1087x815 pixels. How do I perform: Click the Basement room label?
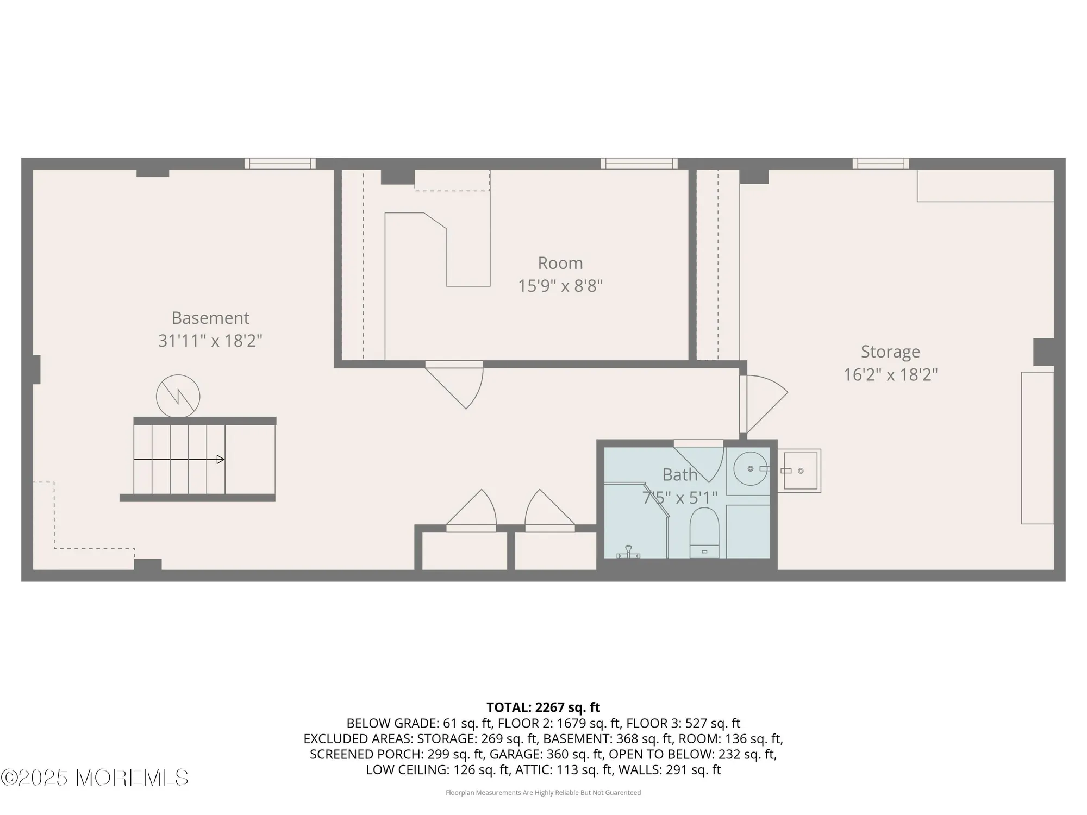pyautogui.click(x=210, y=318)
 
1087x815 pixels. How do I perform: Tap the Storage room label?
pyautogui.click(x=890, y=352)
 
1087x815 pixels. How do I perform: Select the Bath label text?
pyautogui.click(x=679, y=475)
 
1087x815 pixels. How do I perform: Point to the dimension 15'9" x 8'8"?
pyautogui.click(x=560, y=286)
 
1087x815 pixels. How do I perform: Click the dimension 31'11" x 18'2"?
pyautogui.click(x=210, y=341)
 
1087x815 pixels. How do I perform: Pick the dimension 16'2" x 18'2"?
pyautogui.click(x=890, y=375)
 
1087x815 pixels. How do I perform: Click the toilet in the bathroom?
pyautogui.click(x=704, y=531)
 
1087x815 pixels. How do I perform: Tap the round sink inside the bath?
pyautogui.click(x=751, y=468)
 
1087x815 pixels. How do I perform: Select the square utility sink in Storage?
pyautogui.click(x=800, y=471)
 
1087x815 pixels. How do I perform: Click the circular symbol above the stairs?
pyautogui.click(x=178, y=396)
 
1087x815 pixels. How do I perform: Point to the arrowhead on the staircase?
pyautogui.click(x=220, y=460)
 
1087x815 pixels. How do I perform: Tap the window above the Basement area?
pyautogui.click(x=280, y=163)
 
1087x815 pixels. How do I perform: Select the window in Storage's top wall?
pyautogui.click(x=880, y=163)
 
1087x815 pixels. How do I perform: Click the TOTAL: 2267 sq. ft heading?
pyautogui.click(x=543, y=707)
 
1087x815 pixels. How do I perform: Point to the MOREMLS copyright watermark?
pyautogui.click(x=95, y=778)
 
